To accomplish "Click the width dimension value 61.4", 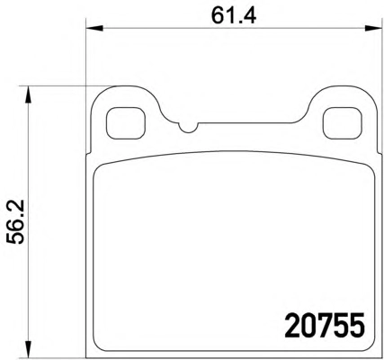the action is point(234,15).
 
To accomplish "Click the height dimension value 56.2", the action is point(15,223).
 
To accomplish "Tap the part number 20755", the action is point(325,325).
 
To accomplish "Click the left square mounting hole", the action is point(126,123).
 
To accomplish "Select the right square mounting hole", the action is point(342,123).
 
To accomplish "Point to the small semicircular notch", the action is point(188,128).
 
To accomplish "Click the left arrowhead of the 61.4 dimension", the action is point(94,29).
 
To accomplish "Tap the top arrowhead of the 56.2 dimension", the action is point(28,94).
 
